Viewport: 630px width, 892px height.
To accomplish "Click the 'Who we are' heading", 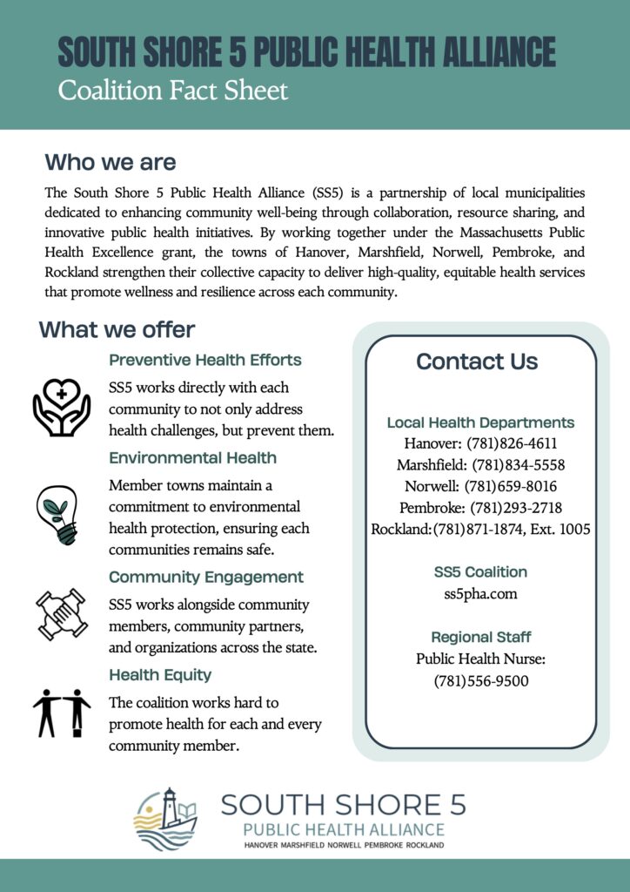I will (111, 163).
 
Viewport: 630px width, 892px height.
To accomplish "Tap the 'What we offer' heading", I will (117, 330).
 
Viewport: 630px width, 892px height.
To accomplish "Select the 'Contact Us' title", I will (477, 362).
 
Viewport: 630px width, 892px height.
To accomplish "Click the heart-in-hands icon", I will (61, 405).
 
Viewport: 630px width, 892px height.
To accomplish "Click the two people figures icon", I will (61, 712).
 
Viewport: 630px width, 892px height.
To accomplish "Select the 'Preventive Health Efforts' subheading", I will (205, 360).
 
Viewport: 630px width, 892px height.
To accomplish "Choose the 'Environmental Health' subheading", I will (192, 457).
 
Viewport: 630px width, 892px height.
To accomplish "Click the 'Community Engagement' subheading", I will (206, 577).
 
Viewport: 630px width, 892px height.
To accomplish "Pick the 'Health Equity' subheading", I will (160, 675).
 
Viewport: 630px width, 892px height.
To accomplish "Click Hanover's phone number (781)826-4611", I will (512, 443).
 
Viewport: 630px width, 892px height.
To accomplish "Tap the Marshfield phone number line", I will (480, 464).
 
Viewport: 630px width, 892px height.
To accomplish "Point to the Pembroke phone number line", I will (480, 507).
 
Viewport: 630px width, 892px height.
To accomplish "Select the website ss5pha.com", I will (480, 593).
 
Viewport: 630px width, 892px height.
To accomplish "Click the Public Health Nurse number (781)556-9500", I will (480, 680).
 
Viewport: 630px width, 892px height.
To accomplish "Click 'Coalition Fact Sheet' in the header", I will (172, 91).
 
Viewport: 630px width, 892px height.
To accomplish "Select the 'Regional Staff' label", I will (480, 637).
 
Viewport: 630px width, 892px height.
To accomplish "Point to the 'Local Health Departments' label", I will (480, 422).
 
